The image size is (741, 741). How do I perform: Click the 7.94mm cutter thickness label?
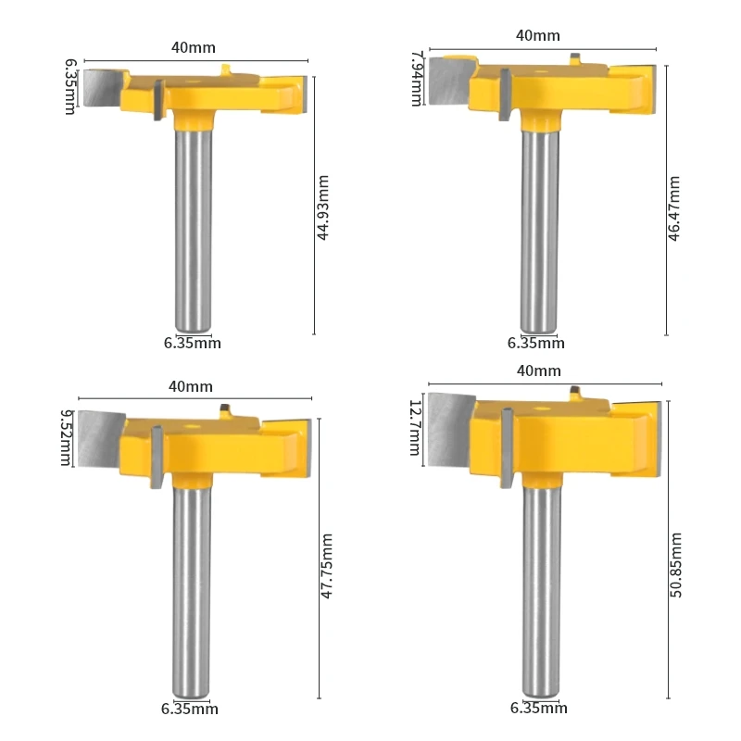415,79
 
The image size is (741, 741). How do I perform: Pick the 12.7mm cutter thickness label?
414,429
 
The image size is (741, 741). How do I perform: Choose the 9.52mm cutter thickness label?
66,437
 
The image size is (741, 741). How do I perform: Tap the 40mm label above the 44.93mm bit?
193,45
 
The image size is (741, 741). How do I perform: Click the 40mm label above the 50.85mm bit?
538,370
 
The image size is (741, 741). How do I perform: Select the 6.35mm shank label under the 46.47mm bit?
535,343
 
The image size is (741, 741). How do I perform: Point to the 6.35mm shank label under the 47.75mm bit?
191,710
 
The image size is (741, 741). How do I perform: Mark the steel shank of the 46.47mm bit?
539,232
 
